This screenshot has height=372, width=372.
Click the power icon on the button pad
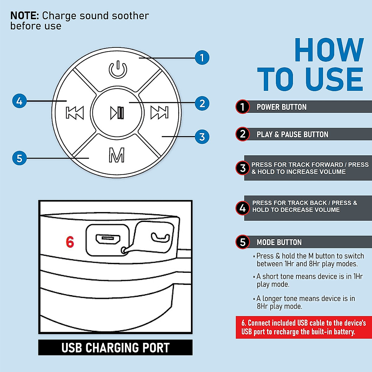(118, 70)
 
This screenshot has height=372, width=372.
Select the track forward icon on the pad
(159, 113)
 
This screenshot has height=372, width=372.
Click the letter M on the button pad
(117, 155)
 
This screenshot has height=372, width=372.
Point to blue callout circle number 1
(202, 58)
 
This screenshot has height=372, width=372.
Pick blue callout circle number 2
(202, 103)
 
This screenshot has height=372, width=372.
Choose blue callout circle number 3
(202, 137)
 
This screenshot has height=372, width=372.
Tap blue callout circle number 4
(19, 101)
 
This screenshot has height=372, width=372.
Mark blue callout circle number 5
(19, 158)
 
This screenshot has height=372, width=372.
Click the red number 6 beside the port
(70, 242)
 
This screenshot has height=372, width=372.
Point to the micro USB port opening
(108, 239)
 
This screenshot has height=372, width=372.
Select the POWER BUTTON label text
(281, 107)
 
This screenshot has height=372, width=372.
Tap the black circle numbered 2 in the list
(243, 134)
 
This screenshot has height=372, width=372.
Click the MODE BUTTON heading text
(279, 242)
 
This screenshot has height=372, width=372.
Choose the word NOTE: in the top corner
(25, 15)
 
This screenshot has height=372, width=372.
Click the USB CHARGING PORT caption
(115, 348)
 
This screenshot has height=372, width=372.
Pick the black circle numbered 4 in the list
(243, 208)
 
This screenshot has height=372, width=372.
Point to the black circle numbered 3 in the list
(243, 168)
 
